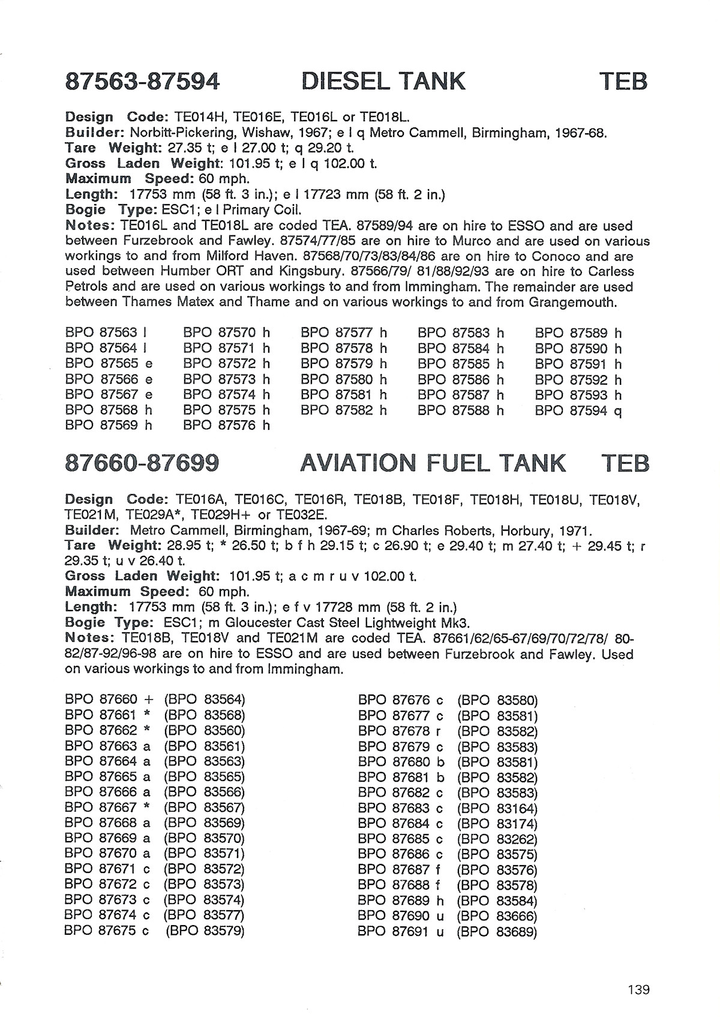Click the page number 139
pyautogui.click(x=638, y=989)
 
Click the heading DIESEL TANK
pyautogui.click(x=383, y=81)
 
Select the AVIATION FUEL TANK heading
pyautogui.click(x=433, y=463)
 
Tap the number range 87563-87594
pyautogui.click(x=142, y=81)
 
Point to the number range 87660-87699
pyautogui.click(x=142, y=463)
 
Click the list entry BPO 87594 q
pyautogui.click(x=578, y=411)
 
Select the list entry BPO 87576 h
pyautogui.click(x=226, y=426)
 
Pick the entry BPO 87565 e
pyautogui.click(x=109, y=364)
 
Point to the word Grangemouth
pyautogui.click(x=572, y=302)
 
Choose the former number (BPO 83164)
pyautogui.click(x=497, y=809)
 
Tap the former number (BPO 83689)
pyautogui.click(x=497, y=932)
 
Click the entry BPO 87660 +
pyautogui.click(x=109, y=700)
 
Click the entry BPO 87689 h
pyautogui.click(x=401, y=901)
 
